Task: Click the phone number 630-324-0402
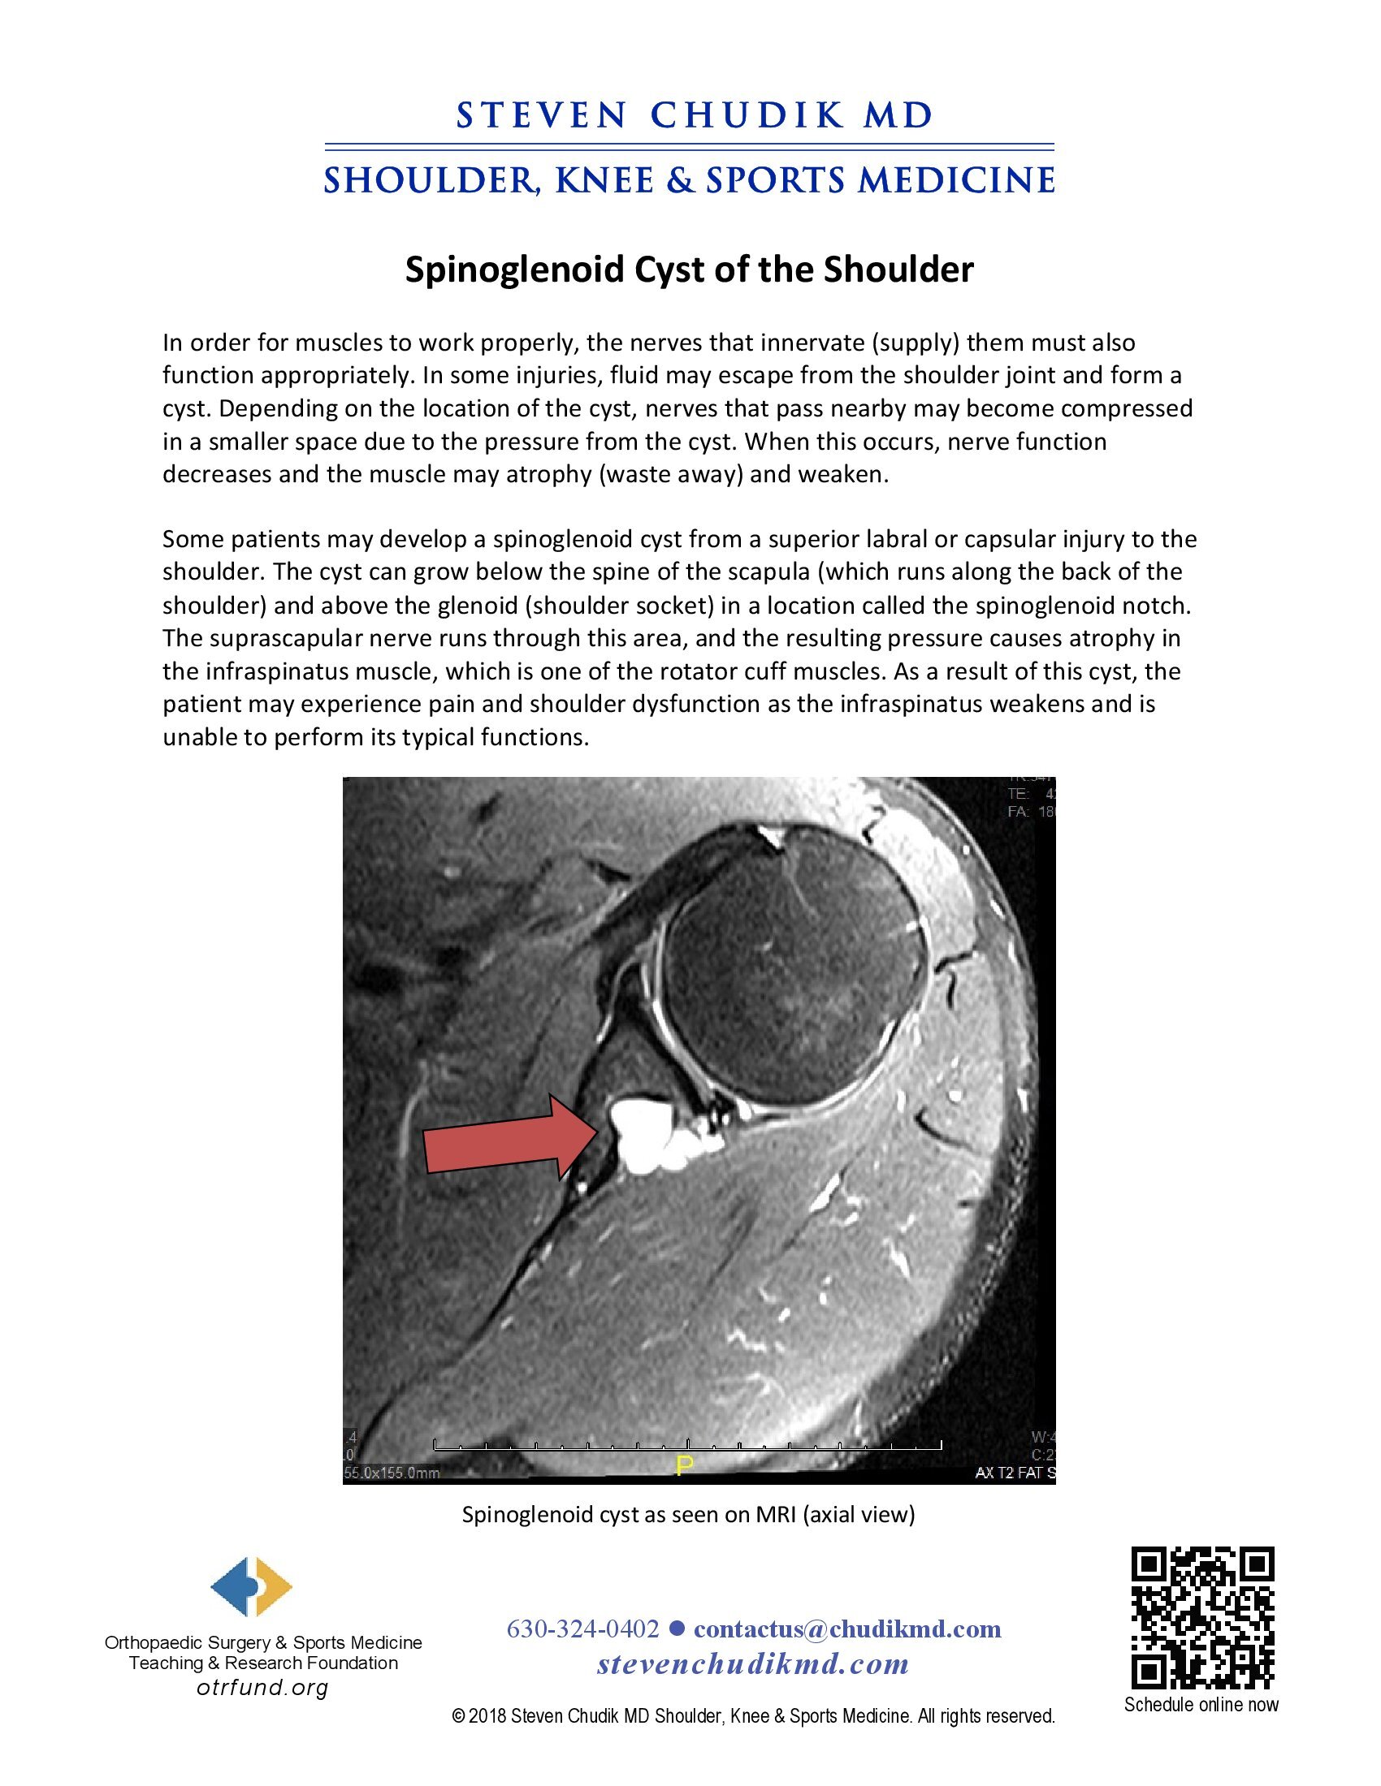pos(582,1629)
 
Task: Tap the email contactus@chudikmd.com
pos(846,1629)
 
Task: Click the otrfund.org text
pos(262,1688)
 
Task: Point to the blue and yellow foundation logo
pos(251,1587)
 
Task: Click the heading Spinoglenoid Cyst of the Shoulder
pos(689,269)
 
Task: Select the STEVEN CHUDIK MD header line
pos(694,115)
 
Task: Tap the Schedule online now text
pos(1201,1705)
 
